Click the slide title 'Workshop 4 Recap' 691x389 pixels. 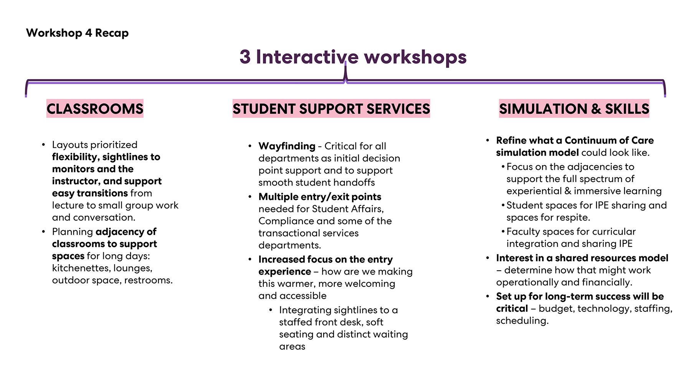(77, 33)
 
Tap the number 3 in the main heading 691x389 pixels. (245, 57)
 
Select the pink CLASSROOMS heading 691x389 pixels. (95, 109)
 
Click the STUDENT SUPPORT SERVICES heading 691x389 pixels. (331, 109)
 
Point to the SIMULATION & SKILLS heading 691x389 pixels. (574, 109)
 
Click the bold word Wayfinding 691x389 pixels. (287, 146)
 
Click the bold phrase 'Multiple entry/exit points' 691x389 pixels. (320, 197)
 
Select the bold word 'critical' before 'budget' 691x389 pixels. (512, 309)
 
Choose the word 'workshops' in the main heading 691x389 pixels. (415, 57)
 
